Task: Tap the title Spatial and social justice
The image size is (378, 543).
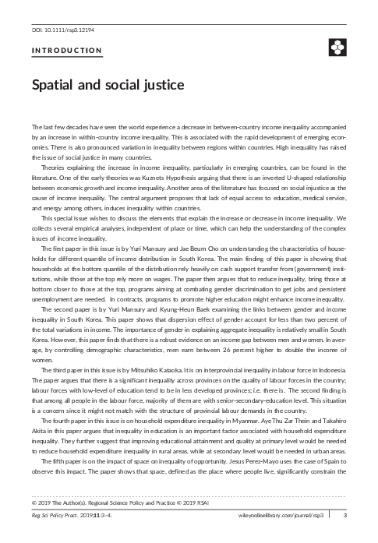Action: tap(107, 84)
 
